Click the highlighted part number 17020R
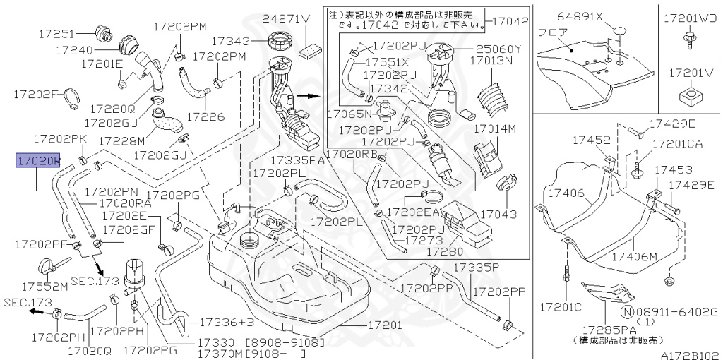38,162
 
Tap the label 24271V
286,19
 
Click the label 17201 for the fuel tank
384,325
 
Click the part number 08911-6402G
676,311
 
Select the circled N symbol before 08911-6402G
626,311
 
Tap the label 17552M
44,287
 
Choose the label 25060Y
498,49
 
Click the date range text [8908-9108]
285,342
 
